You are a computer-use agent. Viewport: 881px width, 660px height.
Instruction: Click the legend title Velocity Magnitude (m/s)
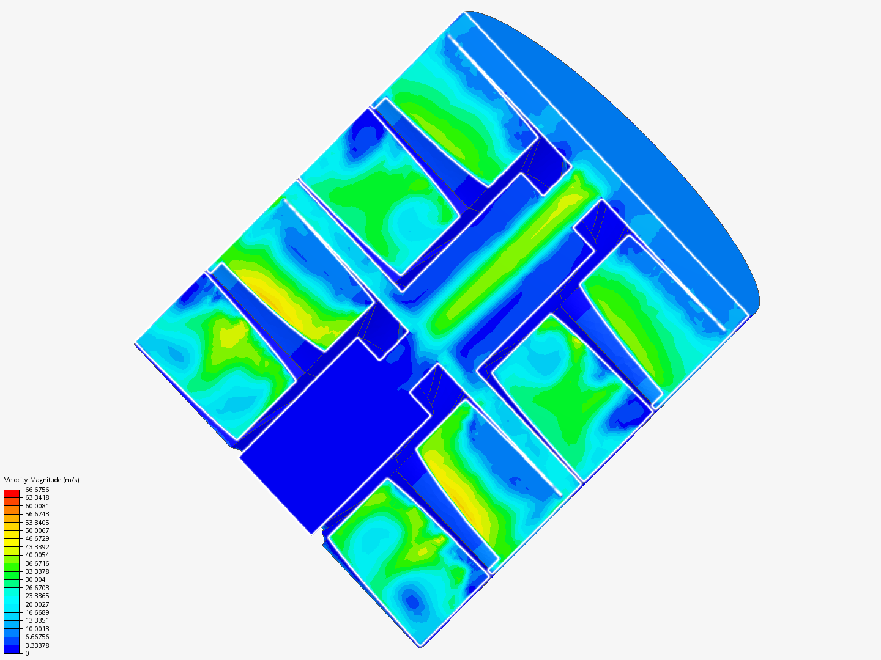[42, 480]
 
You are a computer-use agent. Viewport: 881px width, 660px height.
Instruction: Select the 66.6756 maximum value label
[37, 490]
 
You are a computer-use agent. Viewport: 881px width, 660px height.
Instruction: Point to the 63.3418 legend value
[37, 497]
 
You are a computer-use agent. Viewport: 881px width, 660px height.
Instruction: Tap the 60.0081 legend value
[37, 506]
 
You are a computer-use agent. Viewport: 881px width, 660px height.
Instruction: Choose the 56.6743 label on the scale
[37, 514]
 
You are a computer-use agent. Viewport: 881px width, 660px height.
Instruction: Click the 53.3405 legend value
[37, 522]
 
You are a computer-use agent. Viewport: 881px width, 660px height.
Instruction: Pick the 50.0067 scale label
[37, 530]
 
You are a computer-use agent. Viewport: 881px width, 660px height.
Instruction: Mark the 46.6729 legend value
[37, 538]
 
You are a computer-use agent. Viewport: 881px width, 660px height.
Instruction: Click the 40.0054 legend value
[37, 555]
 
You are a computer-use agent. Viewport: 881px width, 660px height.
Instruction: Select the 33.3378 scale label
[37, 571]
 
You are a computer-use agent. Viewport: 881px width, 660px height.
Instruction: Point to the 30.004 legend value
[35, 579]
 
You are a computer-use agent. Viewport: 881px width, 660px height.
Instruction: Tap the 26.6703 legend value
[37, 588]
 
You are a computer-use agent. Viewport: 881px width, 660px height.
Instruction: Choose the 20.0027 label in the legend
[37, 604]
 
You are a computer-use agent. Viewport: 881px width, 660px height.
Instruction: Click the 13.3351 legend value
[37, 620]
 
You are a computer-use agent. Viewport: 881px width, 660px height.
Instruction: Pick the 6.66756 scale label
[37, 637]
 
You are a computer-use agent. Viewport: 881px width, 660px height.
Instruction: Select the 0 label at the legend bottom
[27, 653]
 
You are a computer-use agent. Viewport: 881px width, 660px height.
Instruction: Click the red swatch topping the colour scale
[12, 493]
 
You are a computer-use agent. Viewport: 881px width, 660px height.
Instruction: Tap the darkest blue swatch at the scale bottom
[12, 649]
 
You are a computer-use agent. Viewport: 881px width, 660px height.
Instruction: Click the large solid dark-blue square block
[333, 434]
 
